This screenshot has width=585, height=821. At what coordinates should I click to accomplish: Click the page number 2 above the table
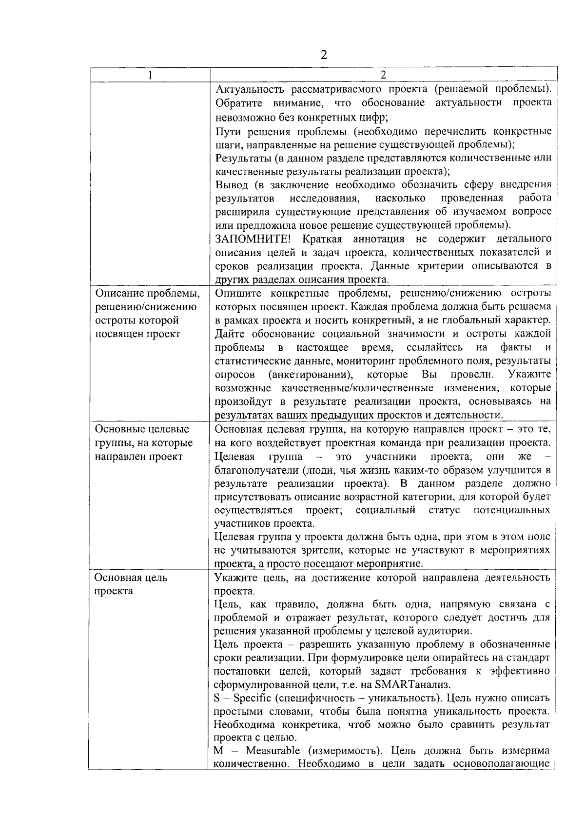point(324,55)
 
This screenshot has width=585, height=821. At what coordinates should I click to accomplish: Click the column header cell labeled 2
point(383,75)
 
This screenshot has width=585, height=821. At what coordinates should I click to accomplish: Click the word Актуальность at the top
point(248,89)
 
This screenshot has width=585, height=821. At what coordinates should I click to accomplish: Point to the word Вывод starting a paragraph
point(232,185)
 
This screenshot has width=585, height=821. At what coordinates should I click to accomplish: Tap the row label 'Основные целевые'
point(142,429)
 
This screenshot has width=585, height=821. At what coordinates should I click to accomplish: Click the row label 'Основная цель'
point(131,578)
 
